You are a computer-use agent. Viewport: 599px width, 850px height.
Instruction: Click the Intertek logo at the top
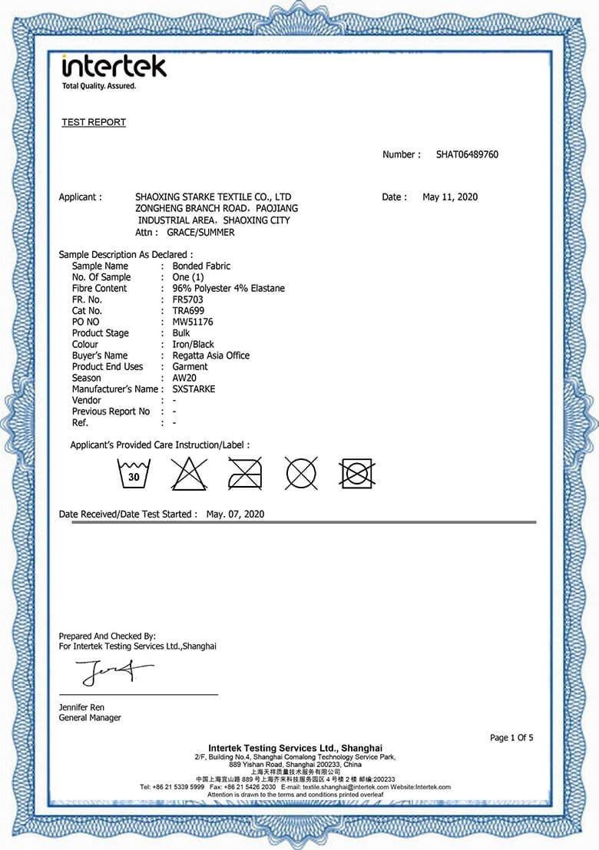coord(114,67)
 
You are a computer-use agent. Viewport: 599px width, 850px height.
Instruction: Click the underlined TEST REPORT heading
coord(94,122)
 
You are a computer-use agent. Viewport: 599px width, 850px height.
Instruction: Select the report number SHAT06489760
coord(467,154)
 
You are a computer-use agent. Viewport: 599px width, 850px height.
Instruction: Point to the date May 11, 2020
coord(450,197)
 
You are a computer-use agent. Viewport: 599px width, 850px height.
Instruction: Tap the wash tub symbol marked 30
coord(134,475)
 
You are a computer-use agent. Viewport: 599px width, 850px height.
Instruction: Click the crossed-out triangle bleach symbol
coord(189,475)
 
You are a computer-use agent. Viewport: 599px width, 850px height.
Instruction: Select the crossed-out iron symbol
coord(245,475)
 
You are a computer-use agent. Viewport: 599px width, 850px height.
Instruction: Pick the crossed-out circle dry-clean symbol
coord(301,474)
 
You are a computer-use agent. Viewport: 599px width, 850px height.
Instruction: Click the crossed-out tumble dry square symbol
coord(356,474)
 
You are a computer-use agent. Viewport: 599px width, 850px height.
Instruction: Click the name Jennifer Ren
coord(81,707)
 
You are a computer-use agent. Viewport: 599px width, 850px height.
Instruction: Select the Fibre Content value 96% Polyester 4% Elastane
coord(229,289)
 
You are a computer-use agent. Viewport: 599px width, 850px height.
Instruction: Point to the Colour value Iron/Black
coord(194,345)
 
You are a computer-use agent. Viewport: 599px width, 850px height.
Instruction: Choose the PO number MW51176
coord(193,322)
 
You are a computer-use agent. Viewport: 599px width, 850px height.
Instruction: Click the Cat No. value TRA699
coord(189,311)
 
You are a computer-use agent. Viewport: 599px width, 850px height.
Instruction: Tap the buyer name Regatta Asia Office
coord(211,356)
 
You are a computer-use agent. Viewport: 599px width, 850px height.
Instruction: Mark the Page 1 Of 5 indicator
coord(511,738)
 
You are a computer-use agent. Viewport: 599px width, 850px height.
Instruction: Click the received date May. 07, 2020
coord(235,514)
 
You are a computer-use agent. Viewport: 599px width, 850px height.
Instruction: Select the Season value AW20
coord(186,378)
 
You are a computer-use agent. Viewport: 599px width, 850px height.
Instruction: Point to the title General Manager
coord(90,718)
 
